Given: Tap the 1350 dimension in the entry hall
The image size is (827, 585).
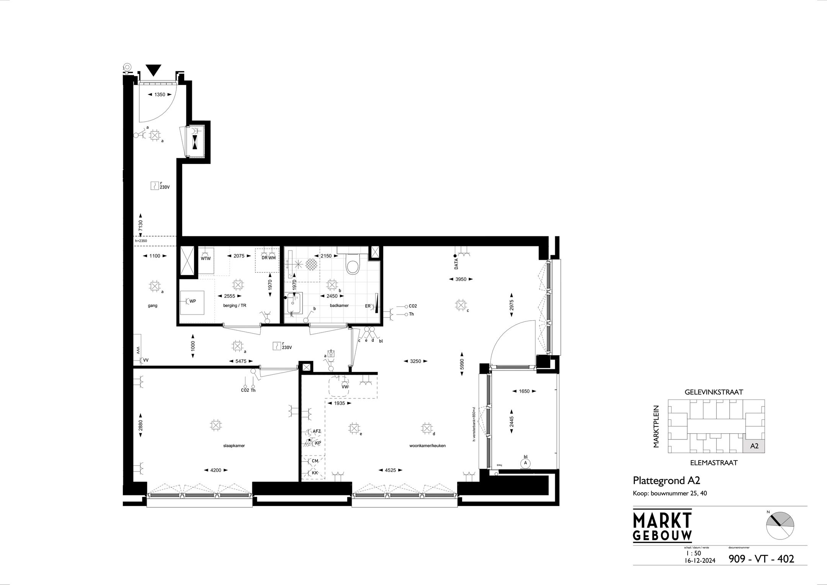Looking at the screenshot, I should pyautogui.click(x=160, y=95).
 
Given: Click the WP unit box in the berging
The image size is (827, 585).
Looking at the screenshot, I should pyautogui.click(x=192, y=302).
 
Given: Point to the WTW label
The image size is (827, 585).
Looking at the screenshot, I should pyautogui.click(x=206, y=259).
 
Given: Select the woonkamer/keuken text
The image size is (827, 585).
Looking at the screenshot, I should pyautogui.click(x=428, y=446).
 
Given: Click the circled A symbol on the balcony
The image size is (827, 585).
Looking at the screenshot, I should pyautogui.click(x=526, y=463).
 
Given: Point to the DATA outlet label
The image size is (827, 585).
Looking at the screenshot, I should pyautogui.click(x=456, y=264).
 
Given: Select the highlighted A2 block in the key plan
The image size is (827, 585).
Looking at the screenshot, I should pyautogui.click(x=754, y=446).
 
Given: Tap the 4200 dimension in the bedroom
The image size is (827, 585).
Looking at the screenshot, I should pyautogui.click(x=216, y=470).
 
